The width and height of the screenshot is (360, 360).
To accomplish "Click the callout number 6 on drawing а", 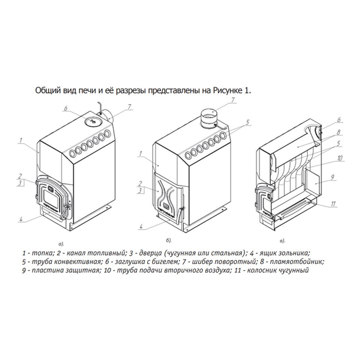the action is click(x=66, y=108).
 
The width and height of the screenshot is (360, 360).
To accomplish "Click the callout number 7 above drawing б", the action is click(x=233, y=100).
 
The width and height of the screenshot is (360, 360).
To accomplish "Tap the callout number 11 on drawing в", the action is click(x=333, y=203).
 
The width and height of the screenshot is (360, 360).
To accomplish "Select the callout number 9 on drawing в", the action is click(x=332, y=177).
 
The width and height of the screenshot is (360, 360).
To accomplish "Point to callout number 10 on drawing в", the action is click(x=340, y=158).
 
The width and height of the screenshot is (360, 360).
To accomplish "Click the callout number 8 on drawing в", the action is click(x=339, y=133).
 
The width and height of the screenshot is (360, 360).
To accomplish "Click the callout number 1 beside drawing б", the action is click(x=140, y=153).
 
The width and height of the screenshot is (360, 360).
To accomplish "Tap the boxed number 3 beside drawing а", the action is click(x=20, y=183).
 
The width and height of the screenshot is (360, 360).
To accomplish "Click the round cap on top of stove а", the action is click(x=93, y=121).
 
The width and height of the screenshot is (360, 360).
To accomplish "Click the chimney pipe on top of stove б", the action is click(x=208, y=119).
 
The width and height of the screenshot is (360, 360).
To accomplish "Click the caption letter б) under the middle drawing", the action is click(x=169, y=241).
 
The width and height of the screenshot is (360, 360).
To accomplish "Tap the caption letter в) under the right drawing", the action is click(x=282, y=241).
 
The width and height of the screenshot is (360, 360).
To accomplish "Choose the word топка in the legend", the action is click(x=43, y=253).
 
